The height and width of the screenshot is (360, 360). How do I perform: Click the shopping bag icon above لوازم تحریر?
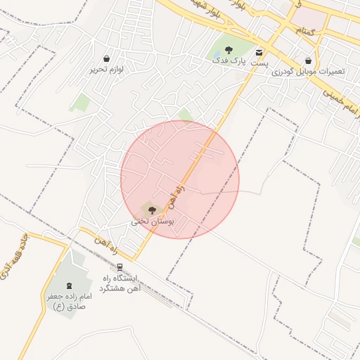click(106, 58)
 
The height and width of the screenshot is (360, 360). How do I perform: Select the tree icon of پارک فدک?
click(229, 50)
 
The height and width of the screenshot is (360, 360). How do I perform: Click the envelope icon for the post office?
click(259, 53)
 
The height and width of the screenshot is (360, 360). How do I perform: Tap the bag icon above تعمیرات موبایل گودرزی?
click(309, 60)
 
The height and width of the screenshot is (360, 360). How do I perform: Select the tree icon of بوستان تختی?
click(153, 209)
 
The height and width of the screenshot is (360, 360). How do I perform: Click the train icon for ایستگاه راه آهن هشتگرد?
click(120, 267)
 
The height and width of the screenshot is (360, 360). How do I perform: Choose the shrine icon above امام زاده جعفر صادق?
click(70, 285)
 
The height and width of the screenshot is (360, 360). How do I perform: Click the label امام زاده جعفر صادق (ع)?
click(66, 302)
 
